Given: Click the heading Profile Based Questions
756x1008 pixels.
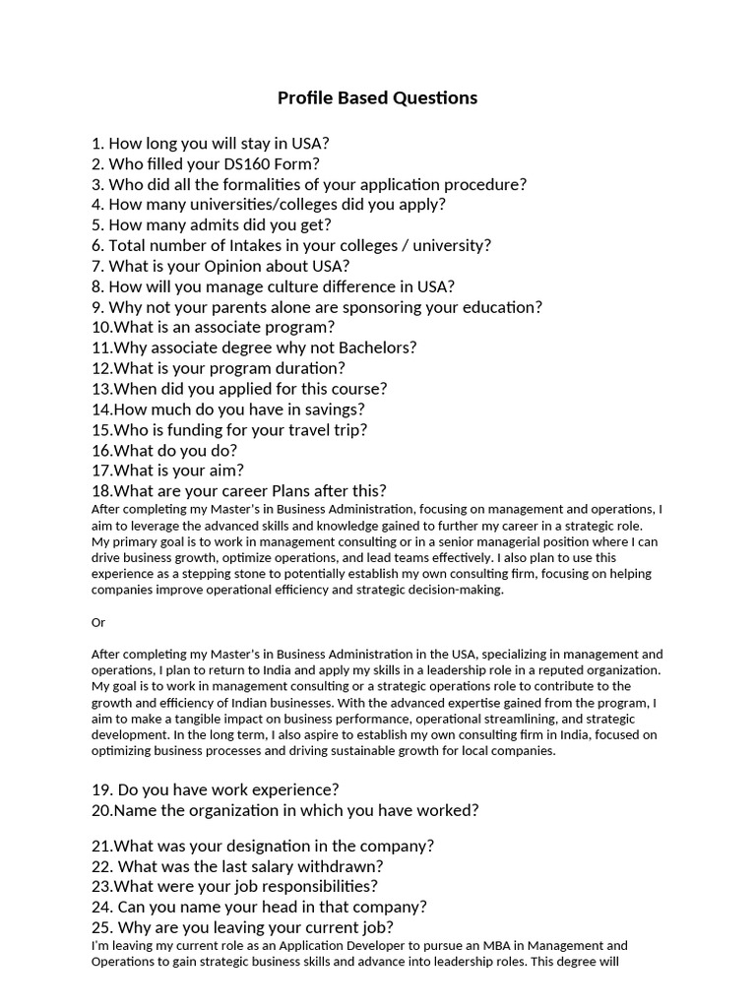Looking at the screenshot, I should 377,97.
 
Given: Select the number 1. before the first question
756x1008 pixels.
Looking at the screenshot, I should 97,143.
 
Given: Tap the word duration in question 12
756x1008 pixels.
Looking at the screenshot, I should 308,368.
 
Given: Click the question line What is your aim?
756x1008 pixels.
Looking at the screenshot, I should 167,471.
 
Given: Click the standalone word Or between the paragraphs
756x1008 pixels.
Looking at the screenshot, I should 98,622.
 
